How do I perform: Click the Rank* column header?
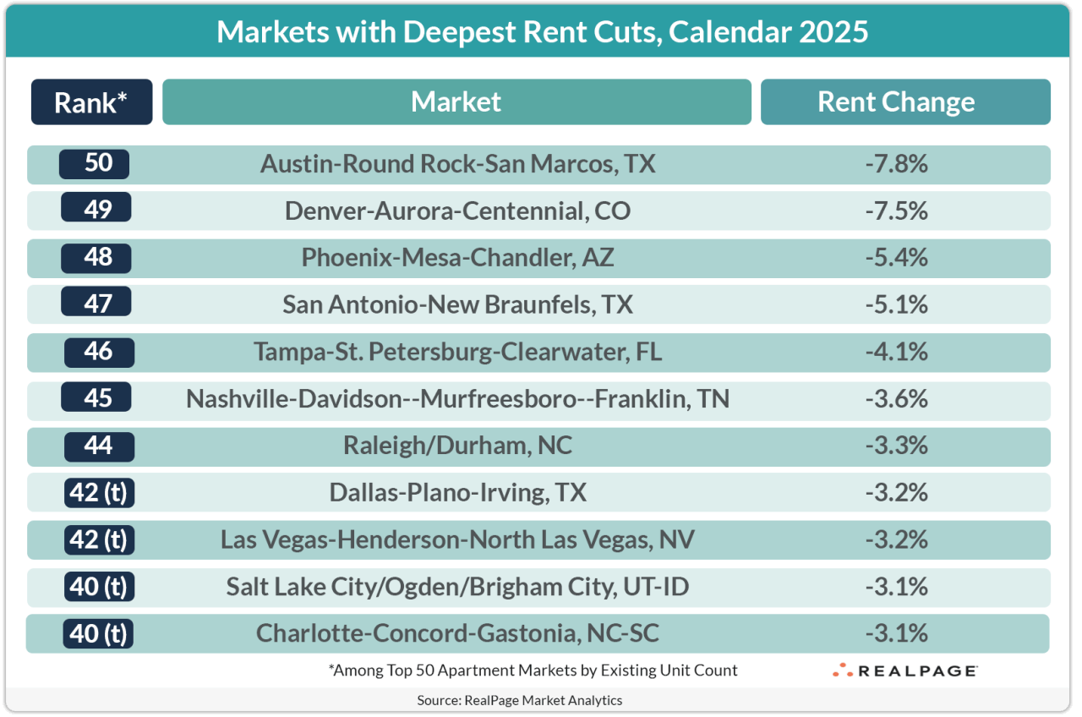click(91, 102)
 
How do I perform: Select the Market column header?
click(456, 102)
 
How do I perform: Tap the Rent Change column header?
click(896, 102)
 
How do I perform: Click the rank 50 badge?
click(95, 163)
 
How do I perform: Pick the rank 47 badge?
click(97, 303)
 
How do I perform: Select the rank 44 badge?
click(99, 445)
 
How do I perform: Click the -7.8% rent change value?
click(896, 163)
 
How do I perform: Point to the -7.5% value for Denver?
click(896, 210)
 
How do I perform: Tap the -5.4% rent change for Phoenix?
click(896, 257)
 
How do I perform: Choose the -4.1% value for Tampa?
click(896, 351)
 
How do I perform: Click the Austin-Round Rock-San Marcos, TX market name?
click(457, 163)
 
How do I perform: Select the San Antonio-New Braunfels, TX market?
click(457, 304)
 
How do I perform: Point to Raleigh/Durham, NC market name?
click(457, 445)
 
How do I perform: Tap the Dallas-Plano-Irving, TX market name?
click(457, 492)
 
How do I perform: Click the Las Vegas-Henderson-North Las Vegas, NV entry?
click(457, 539)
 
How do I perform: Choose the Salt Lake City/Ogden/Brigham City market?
click(457, 586)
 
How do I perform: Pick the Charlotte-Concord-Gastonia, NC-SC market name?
click(457, 633)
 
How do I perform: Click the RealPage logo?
click(904, 670)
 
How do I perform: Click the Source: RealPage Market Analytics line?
click(519, 700)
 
